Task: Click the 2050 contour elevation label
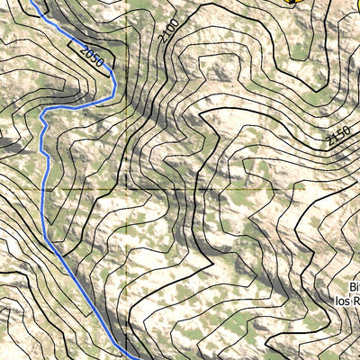click(90, 59)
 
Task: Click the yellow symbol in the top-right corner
click(354, 3)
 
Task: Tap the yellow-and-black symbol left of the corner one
click(290, 3)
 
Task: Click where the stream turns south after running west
click(42, 114)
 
